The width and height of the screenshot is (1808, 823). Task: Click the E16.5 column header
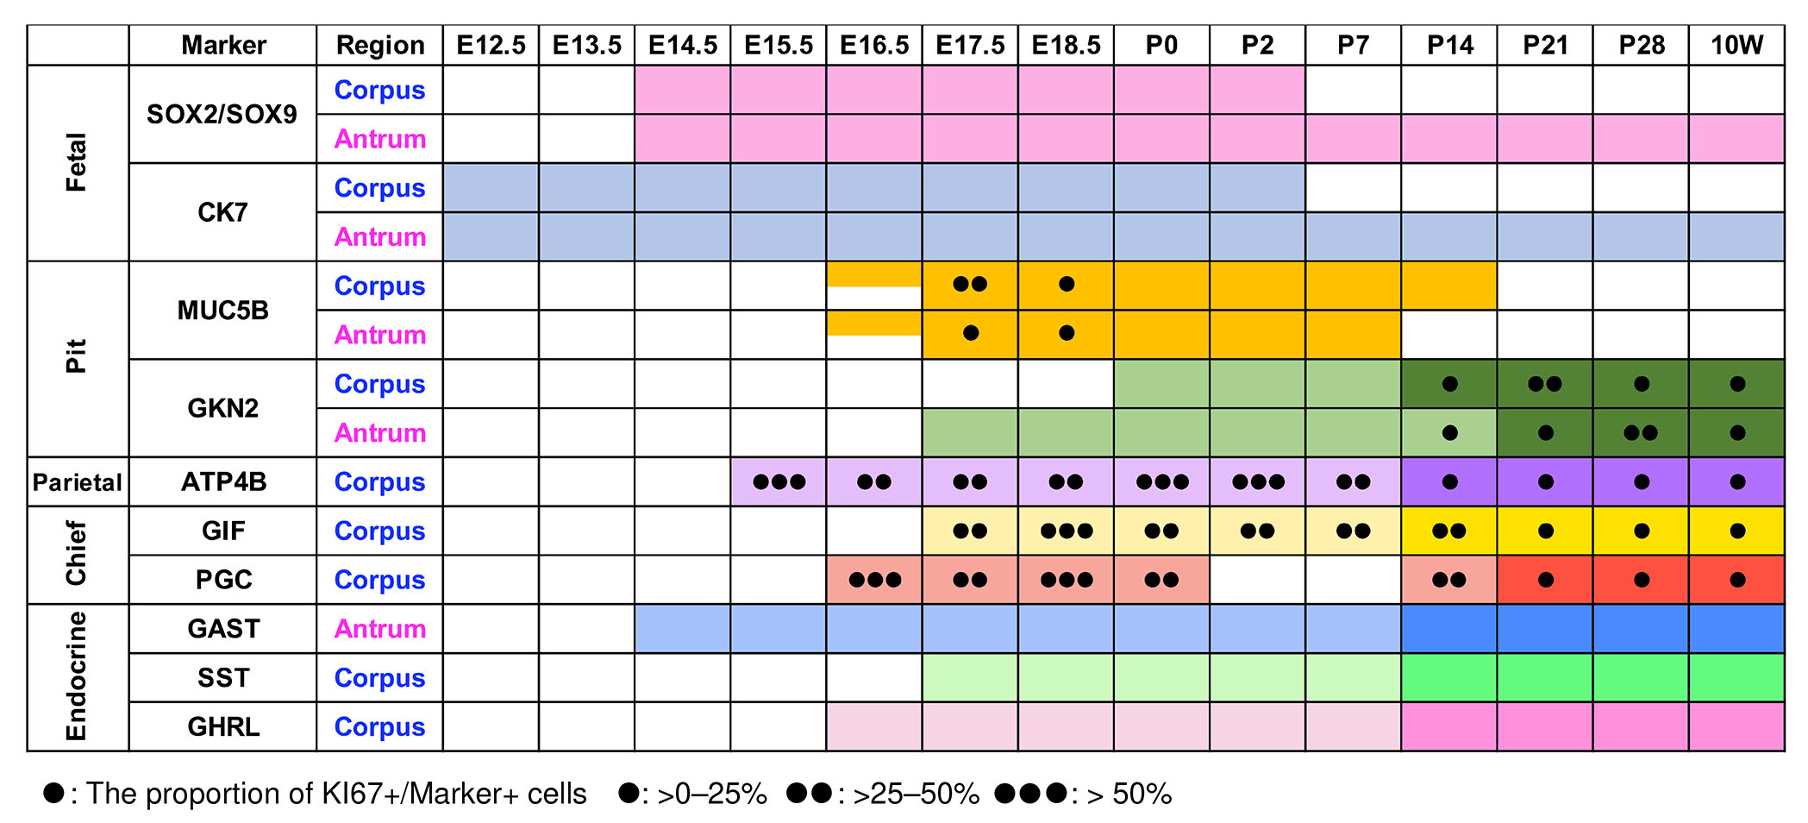click(874, 45)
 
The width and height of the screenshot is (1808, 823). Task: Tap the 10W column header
click(1736, 45)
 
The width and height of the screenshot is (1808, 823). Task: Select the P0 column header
click(1161, 45)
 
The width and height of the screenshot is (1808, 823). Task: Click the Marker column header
click(223, 45)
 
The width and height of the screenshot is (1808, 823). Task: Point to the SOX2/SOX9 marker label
click(222, 114)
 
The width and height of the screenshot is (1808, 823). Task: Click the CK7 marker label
click(222, 212)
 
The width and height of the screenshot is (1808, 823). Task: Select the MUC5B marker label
click(222, 310)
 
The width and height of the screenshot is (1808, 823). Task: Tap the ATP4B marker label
click(222, 481)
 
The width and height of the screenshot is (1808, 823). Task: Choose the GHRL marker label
click(222, 726)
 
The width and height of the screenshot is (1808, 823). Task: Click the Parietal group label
click(78, 481)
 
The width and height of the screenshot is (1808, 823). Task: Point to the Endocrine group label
click(77, 677)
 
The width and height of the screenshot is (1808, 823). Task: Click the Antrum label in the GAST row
click(380, 629)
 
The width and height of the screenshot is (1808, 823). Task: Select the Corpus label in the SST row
click(380, 678)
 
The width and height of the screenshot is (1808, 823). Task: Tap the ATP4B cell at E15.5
click(779, 481)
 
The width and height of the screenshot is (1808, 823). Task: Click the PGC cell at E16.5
click(874, 580)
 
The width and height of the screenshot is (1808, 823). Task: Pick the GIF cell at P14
click(1449, 531)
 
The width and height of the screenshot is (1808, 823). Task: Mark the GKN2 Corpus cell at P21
click(1545, 384)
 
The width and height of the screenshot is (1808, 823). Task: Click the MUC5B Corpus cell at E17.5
click(970, 285)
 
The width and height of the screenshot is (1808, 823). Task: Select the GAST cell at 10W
click(1736, 629)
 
